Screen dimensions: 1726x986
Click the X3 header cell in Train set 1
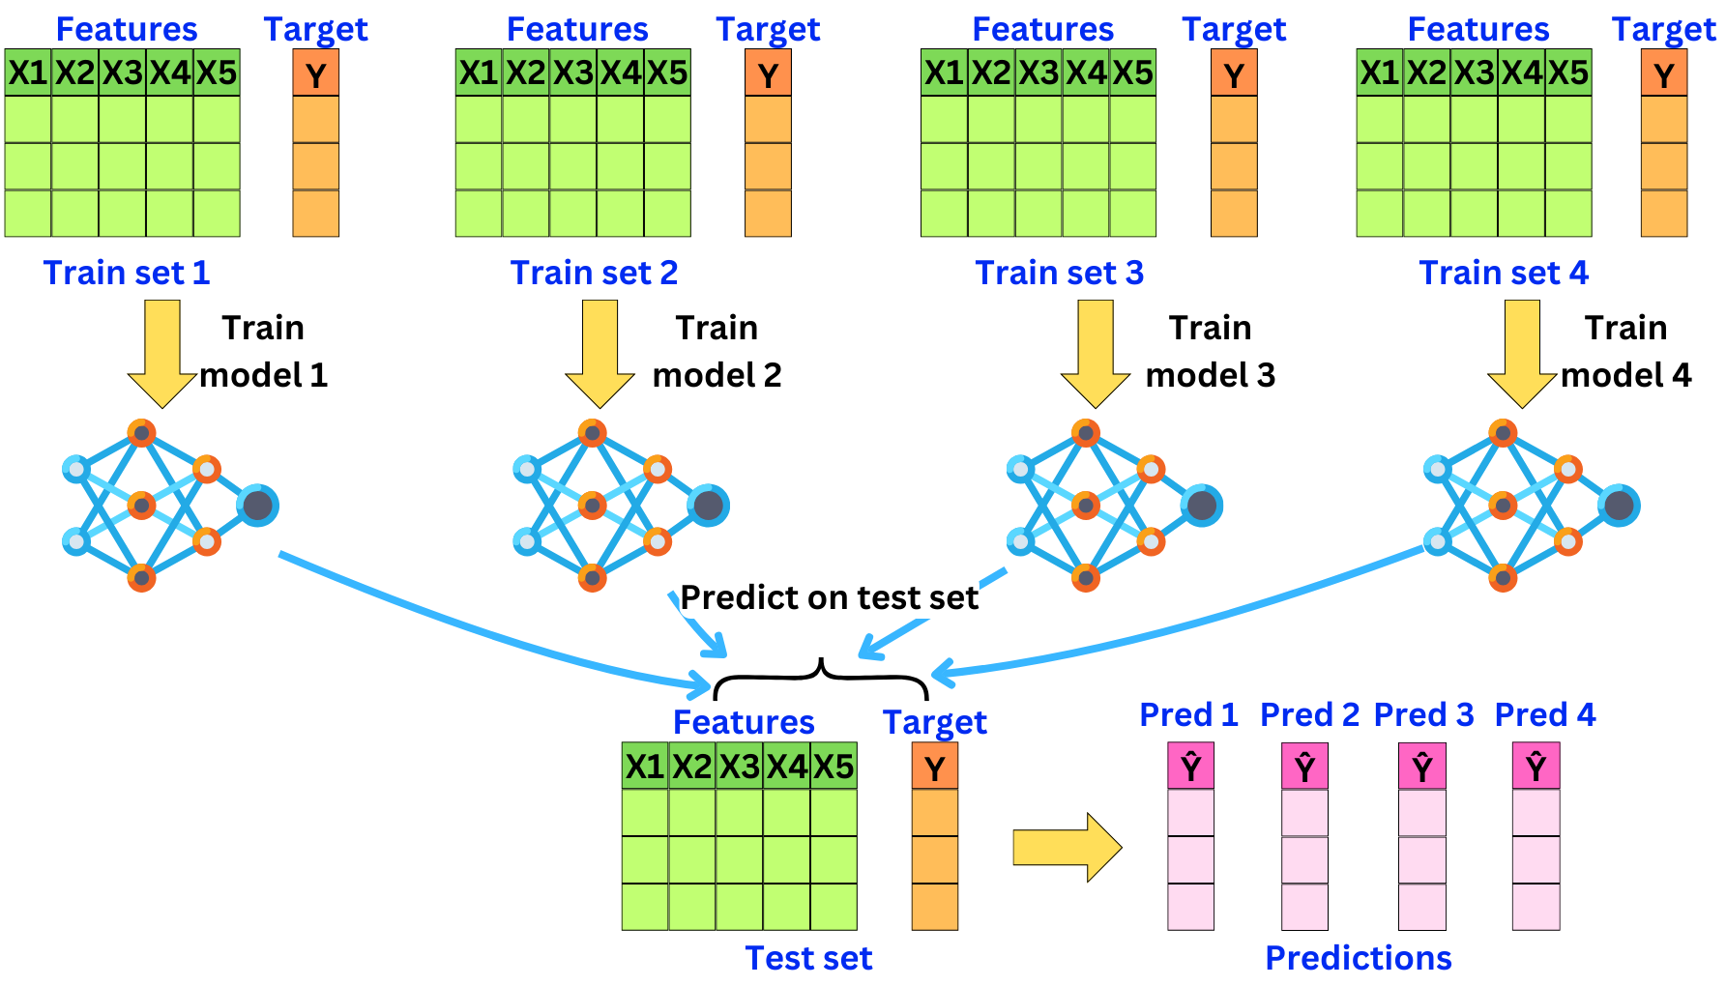(x=123, y=72)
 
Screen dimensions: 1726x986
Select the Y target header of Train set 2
(x=768, y=72)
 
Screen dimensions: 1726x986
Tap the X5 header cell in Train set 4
(x=1568, y=72)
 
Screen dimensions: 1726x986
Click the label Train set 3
(x=1059, y=273)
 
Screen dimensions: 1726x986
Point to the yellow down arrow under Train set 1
(x=162, y=353)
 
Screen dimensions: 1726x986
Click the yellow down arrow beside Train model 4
(x=1522, y=353)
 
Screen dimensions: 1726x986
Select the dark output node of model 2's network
(x=709, y=506)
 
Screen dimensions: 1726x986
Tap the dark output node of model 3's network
(x=1202, y=506)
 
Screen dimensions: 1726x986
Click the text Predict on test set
(x=830, y=597)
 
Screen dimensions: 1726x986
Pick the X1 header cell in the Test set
(x=645, y=767)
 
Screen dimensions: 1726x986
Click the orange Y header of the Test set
(x=935, y=767)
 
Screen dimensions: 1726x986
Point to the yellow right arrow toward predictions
(x=1068, y=848)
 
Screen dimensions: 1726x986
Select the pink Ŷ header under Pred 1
(x=1190, y=767)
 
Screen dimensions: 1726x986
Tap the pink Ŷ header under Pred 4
(x=1536, y=767)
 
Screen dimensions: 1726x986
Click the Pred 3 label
(x=1423, y=714)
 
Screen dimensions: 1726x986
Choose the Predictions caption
(x=1359, y=958)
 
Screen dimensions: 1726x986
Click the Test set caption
(x=808, y=958)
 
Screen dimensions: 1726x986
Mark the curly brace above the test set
(x=821, y=676)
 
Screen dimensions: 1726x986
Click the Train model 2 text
(x=717, y=351)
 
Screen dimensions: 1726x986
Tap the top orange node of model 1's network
(x=142, y=433)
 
